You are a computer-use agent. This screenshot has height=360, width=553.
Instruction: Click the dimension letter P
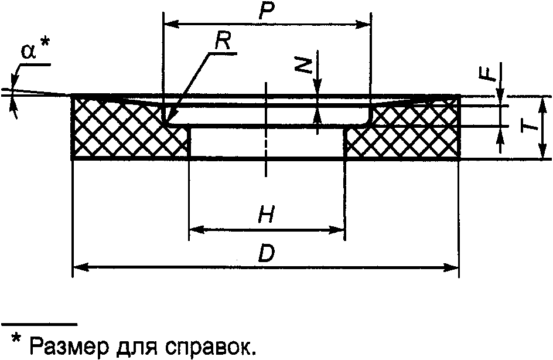click(x=267, y=10)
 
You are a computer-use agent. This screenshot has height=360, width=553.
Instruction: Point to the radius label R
click(x=223, y=40)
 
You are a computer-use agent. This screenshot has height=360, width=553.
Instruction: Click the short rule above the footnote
click(x=39, y=323)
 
